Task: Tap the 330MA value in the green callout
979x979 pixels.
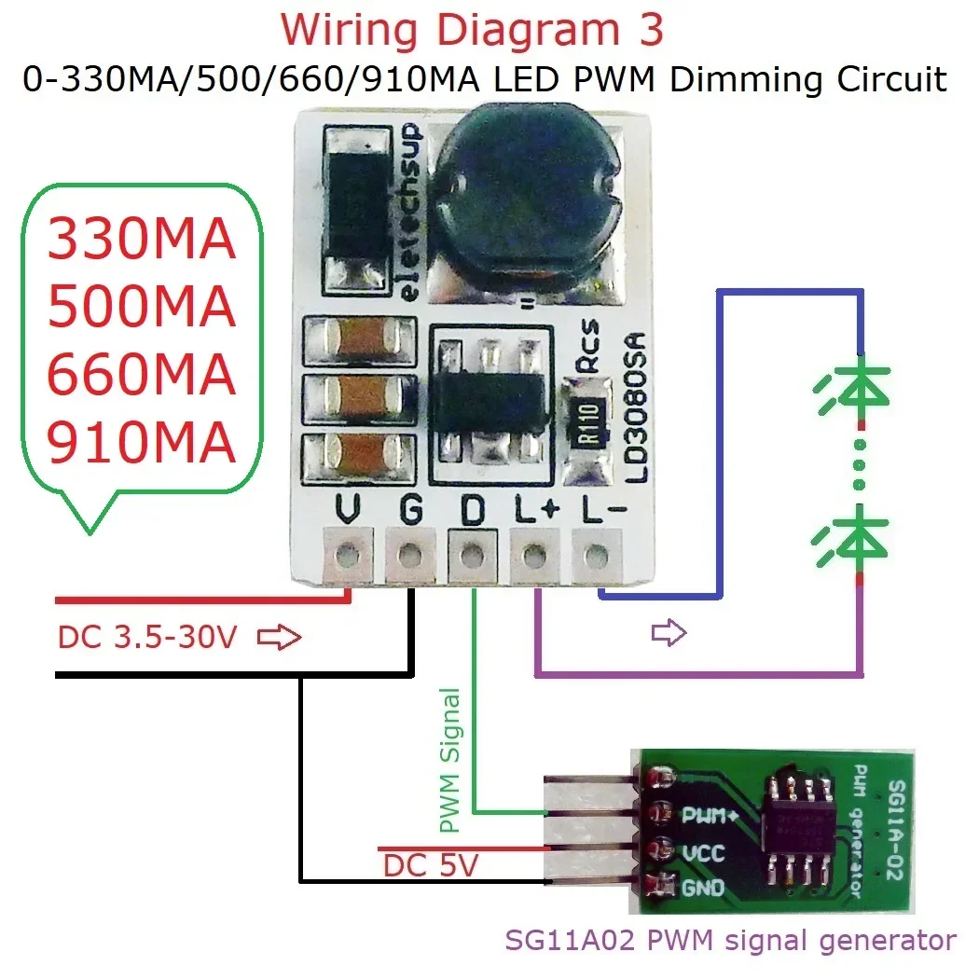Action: [141, 240]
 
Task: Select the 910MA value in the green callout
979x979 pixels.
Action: [141, 444]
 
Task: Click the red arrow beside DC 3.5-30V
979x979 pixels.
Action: [280, 638]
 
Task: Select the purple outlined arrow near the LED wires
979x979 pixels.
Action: [668, 634]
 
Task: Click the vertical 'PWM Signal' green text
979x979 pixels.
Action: [450, 760]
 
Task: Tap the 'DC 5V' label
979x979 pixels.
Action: [430, 865]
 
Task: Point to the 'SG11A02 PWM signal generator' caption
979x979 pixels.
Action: [730, 940]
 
